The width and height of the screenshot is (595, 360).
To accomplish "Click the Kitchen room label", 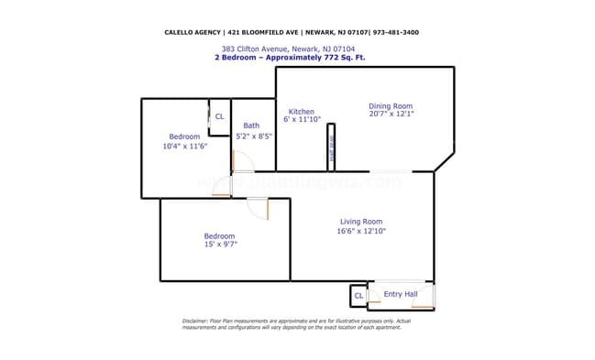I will click(x=302, y=111).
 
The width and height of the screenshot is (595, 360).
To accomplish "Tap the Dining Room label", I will click(x=391, y=104).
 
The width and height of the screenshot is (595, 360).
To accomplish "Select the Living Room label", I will click(x=361, y=222).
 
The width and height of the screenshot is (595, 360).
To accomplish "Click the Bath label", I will click(x=251, y=126).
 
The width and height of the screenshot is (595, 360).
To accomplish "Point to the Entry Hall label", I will click(x=401, y=294).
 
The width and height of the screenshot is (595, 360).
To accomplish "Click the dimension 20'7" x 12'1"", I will click(x=391, y=115).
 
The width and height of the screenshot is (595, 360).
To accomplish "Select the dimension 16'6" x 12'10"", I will click(x=361, y=232).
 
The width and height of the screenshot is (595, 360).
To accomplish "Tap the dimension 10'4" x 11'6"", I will click(x=184, y=147).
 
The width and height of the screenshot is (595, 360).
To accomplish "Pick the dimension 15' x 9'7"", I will click(x=219, y=245).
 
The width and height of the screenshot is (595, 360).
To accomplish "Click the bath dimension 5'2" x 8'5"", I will click(x=254, y=136).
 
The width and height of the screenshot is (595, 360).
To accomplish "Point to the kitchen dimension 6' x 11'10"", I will click(x=302, y=120).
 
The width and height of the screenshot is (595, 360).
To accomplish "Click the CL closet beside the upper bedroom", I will click(x=219, y=116).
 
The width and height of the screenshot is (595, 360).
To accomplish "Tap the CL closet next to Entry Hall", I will click(x=358, y=296).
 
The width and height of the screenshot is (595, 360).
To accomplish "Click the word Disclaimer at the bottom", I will click(x=196, y=321).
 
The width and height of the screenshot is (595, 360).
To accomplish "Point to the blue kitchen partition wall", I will click(x=332, y=147).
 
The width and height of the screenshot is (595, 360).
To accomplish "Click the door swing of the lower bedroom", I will click(x=259, y=209).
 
